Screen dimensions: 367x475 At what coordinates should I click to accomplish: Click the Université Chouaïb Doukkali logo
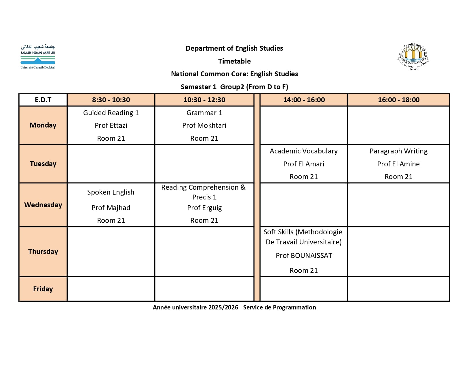click(x=38, y=57)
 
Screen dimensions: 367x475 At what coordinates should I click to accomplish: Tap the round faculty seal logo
click(x=413, y=57)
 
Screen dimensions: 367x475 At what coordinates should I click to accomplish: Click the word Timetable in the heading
click(x=234, y=61)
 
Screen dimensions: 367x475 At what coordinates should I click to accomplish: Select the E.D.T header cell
click(x=43, y=100)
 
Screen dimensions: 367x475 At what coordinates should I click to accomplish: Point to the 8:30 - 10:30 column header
click(x=111, y=100)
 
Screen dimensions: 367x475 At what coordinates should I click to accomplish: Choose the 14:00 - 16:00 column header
click(x=304, y=100)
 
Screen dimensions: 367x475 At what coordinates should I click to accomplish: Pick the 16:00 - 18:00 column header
click(x=398, y=100)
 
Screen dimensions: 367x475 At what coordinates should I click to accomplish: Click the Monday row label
click(x=43, y=125)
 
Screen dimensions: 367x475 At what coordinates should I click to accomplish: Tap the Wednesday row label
click(x=43, y=205)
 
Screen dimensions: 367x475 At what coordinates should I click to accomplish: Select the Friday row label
click(x=43, y=289)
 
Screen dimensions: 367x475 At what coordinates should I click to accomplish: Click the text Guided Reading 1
click(x=111, y=113)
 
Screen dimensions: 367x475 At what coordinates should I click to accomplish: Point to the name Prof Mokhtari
click(x=204, y=125)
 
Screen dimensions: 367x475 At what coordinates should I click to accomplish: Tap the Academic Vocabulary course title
click(x=303, y=151)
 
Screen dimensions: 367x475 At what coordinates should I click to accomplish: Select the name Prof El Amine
click(x=398, y=164)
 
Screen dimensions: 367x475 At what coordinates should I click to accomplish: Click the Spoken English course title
click(x=111, y=192)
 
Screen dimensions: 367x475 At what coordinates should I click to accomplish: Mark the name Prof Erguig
click(x=204, y=208)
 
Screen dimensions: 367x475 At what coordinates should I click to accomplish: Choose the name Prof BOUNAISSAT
click(x=304, y=256)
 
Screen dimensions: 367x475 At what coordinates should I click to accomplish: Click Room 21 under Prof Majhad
click(x=111, y=220)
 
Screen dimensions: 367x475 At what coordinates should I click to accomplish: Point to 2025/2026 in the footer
click(x=223, y=307)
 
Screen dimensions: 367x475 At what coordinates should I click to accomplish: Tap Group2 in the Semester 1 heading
click(x=232, y=87)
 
